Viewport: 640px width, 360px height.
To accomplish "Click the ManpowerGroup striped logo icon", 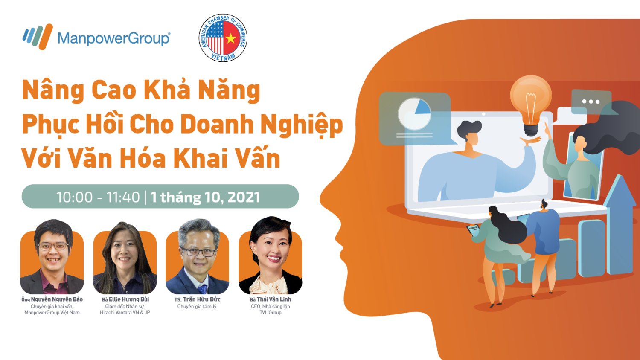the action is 38,37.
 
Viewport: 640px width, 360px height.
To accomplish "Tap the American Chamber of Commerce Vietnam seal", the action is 223,38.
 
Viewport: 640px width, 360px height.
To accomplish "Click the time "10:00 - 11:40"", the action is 98,197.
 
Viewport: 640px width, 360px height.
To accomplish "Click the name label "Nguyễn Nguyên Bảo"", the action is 57,299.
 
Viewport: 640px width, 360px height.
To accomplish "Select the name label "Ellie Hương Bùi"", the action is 129,299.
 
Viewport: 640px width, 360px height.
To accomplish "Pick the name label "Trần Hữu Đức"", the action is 202,299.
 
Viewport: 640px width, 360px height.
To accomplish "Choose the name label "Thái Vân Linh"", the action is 274,299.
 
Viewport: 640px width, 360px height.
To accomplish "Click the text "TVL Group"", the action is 270,312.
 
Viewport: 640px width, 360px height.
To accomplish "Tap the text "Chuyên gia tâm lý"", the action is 197,307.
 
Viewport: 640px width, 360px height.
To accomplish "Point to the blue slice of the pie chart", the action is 423,107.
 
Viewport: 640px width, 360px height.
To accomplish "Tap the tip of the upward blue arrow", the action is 619,175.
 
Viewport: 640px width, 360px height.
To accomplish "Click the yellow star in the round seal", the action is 231,38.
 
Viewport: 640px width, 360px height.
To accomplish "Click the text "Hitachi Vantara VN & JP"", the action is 125,312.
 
